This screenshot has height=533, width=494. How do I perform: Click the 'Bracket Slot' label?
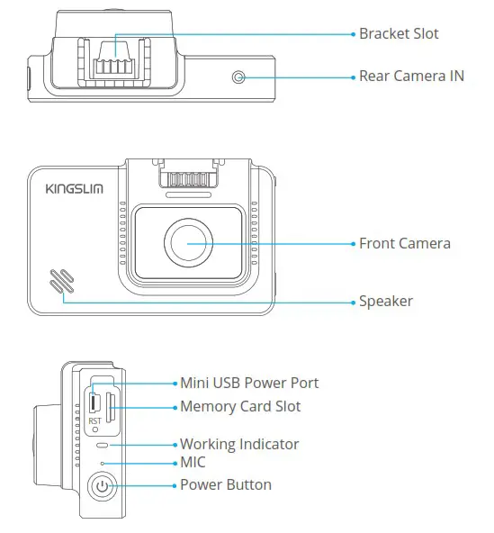(400, 34)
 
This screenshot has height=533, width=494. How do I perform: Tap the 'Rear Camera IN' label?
(411, 77)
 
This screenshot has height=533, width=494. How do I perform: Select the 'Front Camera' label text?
(405, 243)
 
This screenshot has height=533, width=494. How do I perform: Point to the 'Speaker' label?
(386, 302)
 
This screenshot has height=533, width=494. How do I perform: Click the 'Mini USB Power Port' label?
(249, 384)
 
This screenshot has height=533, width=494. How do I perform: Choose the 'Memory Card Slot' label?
(240, 407)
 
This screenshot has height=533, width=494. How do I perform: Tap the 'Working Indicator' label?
(239, 445)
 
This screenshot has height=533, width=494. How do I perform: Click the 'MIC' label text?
(193, 463)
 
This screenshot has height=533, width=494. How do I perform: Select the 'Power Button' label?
(226, 485)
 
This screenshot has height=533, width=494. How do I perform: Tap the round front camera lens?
(187, 243)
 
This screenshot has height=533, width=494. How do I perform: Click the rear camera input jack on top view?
(238, 77)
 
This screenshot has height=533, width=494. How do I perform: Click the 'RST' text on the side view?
(94, 420)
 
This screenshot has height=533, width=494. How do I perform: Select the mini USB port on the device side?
(94, 401)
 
